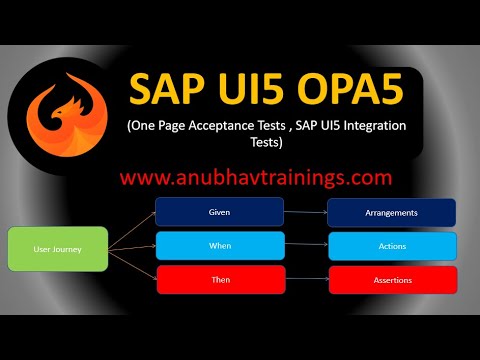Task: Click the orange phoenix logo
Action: [x=67, y=110]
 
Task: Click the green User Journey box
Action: [x=58, y=249]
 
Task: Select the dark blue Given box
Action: [x=220, y=212]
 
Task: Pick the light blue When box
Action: [x=220, y=246]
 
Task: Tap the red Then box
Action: [x=220, y=280]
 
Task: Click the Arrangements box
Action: [x=392, y=212]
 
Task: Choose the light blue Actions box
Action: [x=392, y=246]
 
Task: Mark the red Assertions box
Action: [x=392, y=280]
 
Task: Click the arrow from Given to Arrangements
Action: [x=306, y=212]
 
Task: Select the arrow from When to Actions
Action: [x=306, y=246]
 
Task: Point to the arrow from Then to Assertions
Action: [x=306, y=280]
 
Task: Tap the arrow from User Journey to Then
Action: [x=132, y=265]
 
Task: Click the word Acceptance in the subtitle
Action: [x=218, y=128]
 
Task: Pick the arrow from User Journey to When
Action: [x=132, y=246]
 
